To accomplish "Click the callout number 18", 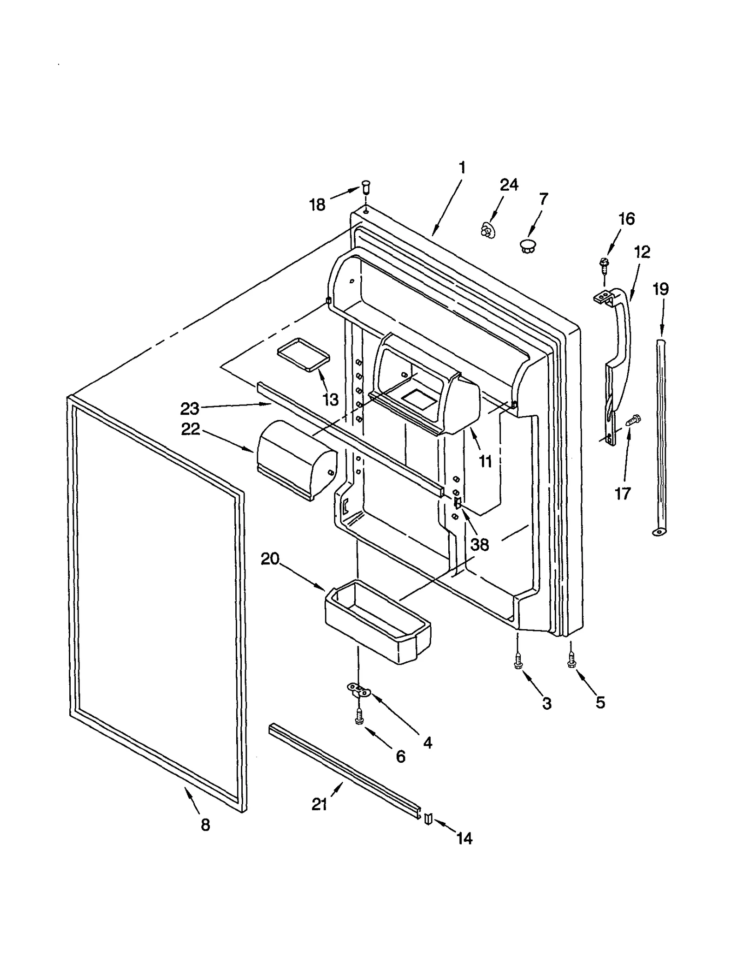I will (x=317, y=205).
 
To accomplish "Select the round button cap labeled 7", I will (x=527, y=246).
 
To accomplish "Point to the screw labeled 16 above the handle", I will (x=604, y=265).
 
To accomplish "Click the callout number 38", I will (x=479, y=544).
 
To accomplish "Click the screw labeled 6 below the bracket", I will (x=359, y=717).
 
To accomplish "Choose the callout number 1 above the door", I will (x=462, y=167).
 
